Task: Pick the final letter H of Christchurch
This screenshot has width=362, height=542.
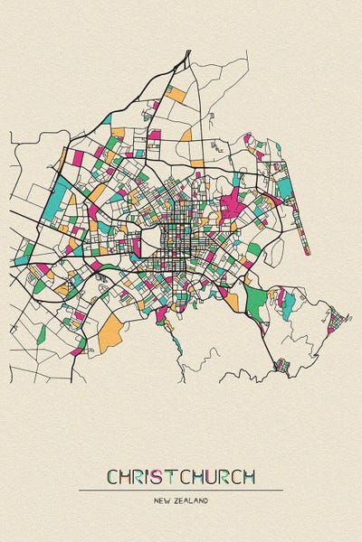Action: click(248, 476)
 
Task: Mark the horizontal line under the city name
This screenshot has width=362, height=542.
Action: click(181, 490)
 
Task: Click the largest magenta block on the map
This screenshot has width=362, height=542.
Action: click(233, 204)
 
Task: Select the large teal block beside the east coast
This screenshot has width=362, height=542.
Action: click(285, 188)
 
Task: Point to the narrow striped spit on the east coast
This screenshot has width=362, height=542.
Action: click(302, 212)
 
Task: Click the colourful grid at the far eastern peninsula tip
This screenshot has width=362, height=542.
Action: click(335, 319)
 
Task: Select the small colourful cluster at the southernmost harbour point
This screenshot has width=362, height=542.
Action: click(281, 366)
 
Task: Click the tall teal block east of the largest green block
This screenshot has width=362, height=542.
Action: click(288, 304)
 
